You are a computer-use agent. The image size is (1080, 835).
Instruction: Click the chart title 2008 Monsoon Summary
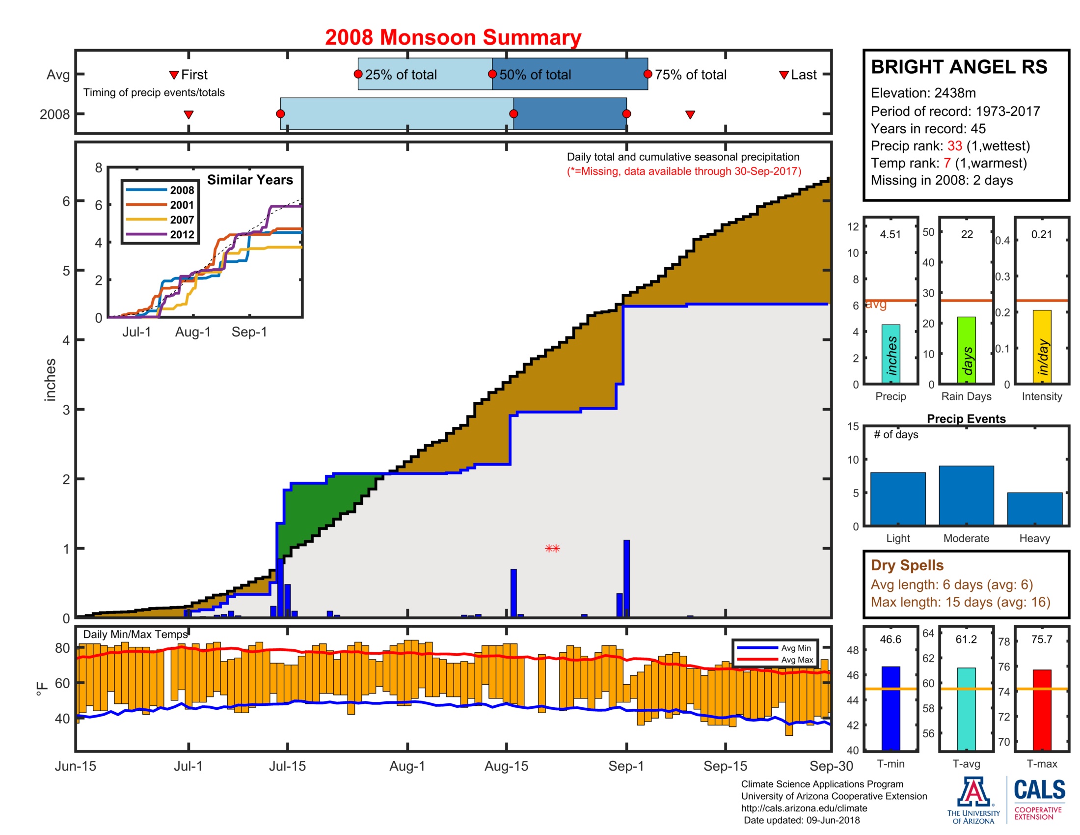453,38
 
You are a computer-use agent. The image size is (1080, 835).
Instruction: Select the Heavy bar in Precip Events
1034,508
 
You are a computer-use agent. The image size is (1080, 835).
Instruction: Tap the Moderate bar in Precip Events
966,495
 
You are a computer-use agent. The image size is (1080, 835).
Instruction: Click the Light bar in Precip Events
897,498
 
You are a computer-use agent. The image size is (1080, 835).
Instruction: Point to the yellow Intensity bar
1041,346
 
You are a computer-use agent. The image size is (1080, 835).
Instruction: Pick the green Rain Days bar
966,350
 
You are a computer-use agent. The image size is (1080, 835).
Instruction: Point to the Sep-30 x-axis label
831,766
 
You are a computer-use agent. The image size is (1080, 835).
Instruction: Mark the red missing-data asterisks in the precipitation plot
552,548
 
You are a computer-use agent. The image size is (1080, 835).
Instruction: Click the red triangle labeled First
174,75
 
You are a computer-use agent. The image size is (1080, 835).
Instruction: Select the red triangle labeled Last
783,75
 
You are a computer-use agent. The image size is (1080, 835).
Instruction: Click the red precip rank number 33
954,146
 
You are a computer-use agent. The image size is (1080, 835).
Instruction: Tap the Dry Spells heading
907,565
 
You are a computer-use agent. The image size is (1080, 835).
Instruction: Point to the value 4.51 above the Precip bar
890,234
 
